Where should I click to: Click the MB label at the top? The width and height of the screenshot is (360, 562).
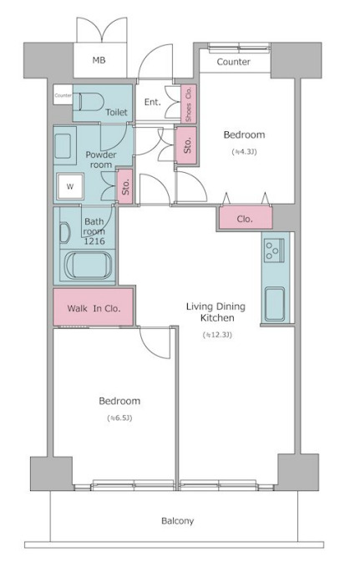coord(99,60)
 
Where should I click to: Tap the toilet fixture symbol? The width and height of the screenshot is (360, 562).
coord(89,102)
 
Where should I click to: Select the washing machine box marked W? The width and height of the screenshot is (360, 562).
coord(70,186)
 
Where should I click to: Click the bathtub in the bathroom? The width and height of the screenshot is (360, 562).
coord(89,266)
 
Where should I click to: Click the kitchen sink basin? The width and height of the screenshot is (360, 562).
coord(275,304)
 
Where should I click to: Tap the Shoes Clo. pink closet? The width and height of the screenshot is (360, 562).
coord(188,104)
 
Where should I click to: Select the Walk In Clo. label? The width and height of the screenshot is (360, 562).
coord(94,308)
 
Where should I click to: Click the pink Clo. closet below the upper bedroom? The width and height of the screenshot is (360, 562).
coord(246,218)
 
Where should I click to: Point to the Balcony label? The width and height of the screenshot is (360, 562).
coord(177,521)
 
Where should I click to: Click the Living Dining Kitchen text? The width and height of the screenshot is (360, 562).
coord(215,311)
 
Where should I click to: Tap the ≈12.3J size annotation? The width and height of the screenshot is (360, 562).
coord(217,335)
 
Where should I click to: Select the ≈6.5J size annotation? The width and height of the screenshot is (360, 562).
coord(119,418)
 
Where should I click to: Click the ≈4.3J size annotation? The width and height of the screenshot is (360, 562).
coord(245,152)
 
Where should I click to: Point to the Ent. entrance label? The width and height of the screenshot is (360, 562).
coord(152,102)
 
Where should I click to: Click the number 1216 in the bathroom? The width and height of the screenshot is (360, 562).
coord(94,241)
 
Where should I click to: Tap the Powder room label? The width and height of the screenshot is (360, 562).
coord(101,159)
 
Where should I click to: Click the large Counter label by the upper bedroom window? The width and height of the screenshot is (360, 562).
coord(233,62)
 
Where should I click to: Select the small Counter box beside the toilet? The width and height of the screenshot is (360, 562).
coord(63,94)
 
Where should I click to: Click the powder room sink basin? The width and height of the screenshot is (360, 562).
coord(63,146)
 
